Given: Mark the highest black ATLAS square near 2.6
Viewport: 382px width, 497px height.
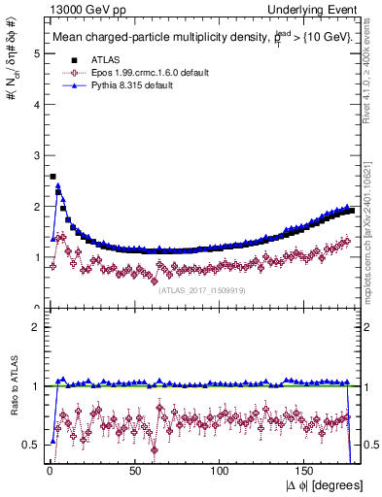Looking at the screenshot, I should point(52,177).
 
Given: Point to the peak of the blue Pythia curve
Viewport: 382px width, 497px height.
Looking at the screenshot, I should point(58,185).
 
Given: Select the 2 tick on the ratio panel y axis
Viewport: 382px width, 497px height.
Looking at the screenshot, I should point(36,327).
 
